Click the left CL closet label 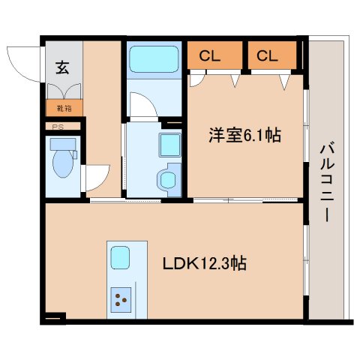click(x=209, y=55)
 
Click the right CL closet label click(x=266, y=55)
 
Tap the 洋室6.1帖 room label click(x=244, y=136)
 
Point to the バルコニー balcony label click(x=327, y=180)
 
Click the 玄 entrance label click(x=61, y=68)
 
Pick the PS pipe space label click(x=57, y=127)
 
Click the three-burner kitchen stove click(x=122, y=302)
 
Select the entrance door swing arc click(x=22, y=63)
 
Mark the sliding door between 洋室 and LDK click(x=247, y=199)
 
